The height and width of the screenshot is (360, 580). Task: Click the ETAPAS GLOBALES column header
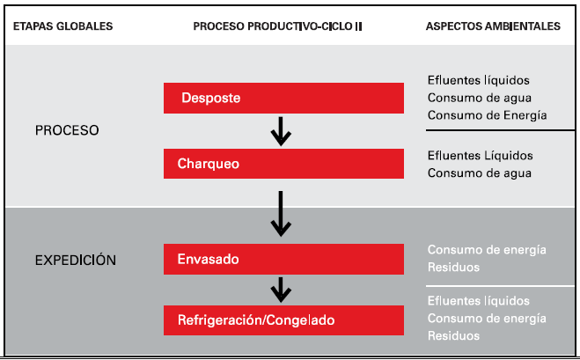[62, 26]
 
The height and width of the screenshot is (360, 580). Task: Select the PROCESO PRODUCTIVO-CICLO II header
[277, 26]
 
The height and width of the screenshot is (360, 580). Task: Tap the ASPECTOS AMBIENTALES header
[493, 26]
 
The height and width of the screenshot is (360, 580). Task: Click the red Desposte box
[283, 98]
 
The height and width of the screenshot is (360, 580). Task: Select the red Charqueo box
[283, 164]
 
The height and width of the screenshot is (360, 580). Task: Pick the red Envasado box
[283, 259]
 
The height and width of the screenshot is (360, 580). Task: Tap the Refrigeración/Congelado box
[283, 320]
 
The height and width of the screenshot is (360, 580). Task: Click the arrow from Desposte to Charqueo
[281, 131]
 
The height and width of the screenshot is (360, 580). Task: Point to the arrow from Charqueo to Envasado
[281, 214]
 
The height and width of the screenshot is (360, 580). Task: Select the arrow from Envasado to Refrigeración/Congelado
[281, 290]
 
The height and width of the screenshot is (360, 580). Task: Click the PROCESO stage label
[67, 130]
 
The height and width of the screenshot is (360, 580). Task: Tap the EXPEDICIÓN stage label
[76, 261]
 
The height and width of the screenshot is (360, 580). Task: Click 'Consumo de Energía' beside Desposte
[488, 115]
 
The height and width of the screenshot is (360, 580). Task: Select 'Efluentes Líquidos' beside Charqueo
[481, 156]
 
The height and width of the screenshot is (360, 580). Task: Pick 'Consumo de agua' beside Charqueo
[480, 173]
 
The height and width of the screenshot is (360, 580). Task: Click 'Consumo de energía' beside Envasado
[487, 250]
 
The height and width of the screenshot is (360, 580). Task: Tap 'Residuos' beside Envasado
[453, 267]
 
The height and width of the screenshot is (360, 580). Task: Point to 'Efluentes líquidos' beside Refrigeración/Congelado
[479, 301]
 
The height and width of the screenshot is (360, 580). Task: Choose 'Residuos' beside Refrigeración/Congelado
[453, 335]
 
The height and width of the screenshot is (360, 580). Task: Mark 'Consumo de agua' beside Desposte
[480, 98]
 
